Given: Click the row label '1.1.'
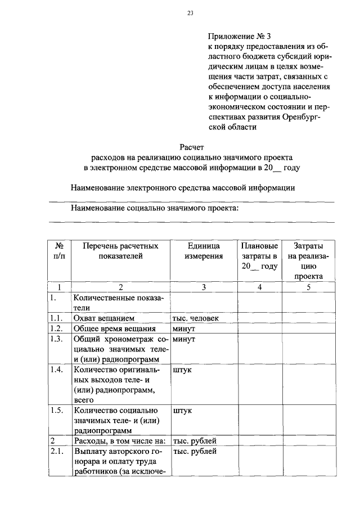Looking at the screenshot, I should (x=55, y=318).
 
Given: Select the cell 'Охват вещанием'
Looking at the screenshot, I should (x=102, y=318).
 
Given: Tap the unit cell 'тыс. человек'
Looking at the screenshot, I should (x=196, y=318).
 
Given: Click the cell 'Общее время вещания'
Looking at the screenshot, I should (x=113, y=329).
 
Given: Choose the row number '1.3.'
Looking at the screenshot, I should (x=55, y=339).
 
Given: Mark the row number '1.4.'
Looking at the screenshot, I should (x=55, y=370).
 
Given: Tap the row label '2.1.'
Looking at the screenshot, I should (x=55, y=451).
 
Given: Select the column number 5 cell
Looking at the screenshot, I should (x=308, y=287).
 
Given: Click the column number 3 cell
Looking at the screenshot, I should (x=204, y=287).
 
